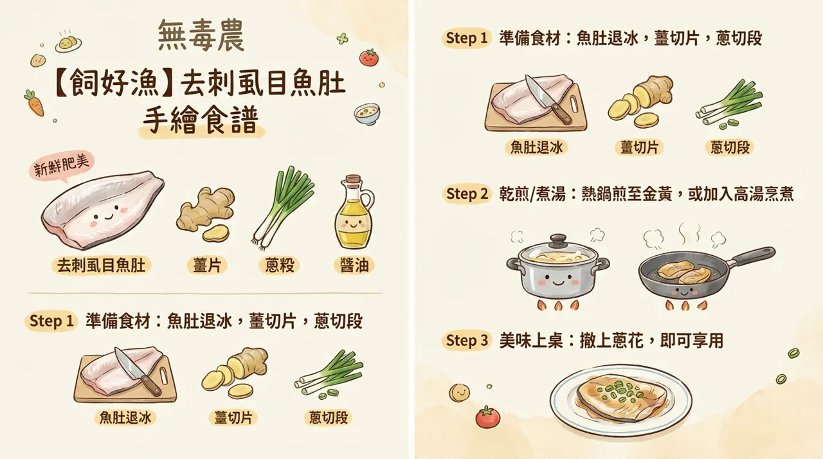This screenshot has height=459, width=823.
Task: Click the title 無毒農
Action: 201,37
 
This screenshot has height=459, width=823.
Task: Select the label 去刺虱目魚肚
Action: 102,264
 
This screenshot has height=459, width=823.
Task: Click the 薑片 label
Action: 206,264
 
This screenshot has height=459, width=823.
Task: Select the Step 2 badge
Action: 467,194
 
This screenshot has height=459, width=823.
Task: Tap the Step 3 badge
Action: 467,341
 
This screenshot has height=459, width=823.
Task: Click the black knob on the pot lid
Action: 557,240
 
